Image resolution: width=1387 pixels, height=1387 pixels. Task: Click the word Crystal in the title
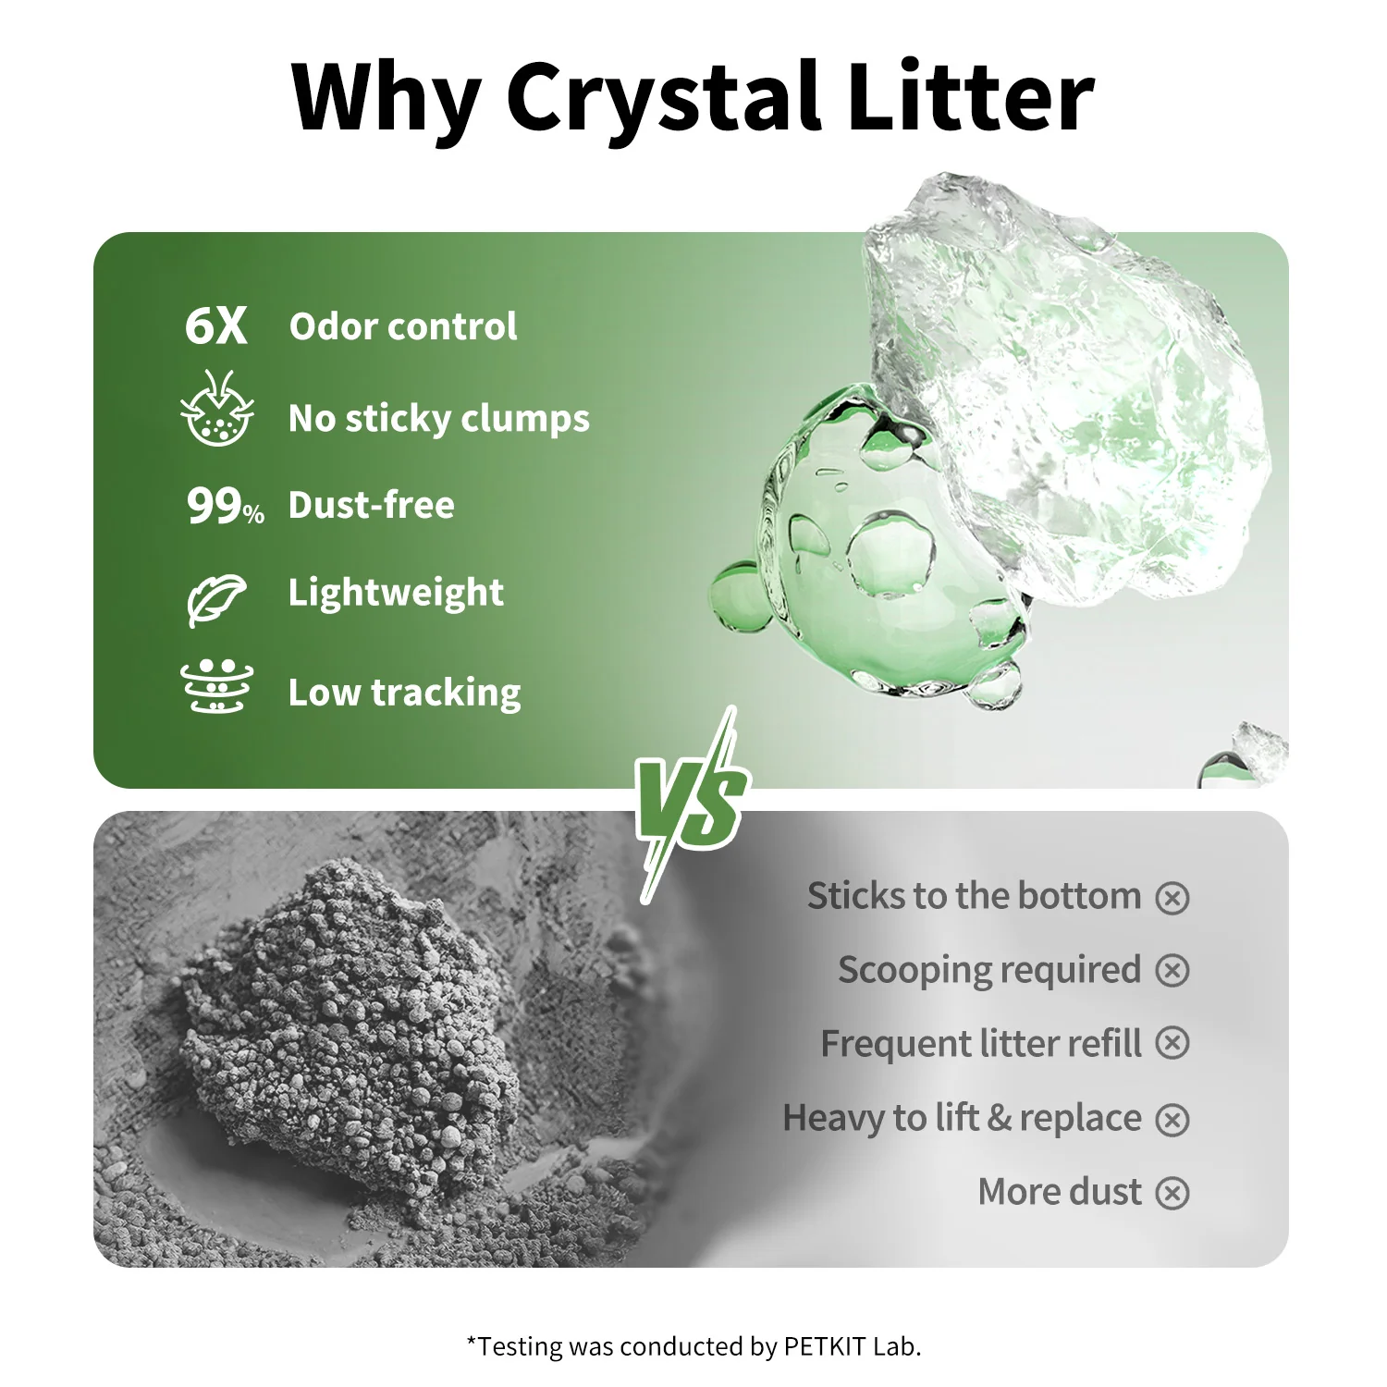pyautogui.click(x=663, y=97)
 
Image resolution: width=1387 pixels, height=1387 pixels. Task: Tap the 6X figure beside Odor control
pyautogui.click(x=215, y=326)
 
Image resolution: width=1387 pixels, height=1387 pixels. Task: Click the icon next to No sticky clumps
pyautogui.click(x=216, y=409)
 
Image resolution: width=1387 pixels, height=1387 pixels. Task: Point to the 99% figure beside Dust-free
pyautogui.click(x=225, y=506)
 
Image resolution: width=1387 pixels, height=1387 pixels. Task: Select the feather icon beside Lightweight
pyautogui.click(x=216, y=597)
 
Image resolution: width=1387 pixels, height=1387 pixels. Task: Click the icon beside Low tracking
pyautogui.click(x=216, y=686)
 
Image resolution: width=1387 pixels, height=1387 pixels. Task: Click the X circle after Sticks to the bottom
pyautogui.click(x=1172, y=897)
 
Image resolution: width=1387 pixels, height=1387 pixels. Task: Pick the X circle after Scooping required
pyautogui.click(x=1172, y=970)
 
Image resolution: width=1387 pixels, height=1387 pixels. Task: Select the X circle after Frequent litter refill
pyautogui.click(x=1172, y=1043)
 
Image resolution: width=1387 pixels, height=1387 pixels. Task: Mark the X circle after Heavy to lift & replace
pyautogui.click(x=1172, y=1119)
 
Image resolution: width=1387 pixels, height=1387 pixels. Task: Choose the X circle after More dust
pyautogui.click(x=1172, y=1193)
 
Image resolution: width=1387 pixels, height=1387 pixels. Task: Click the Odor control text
pyautogui.click(x=402, y=326)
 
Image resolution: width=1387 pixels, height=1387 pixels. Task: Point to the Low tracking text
pyautogui.click(x=404, y=693)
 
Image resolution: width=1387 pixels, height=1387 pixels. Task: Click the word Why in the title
pyautogui.click(x=387, y=97)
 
